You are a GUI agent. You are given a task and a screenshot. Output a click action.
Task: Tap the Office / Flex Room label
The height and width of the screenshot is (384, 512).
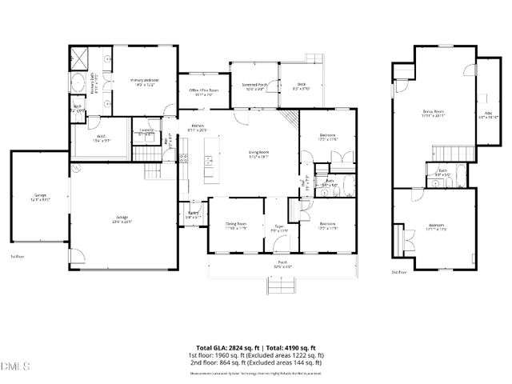coord(192,92)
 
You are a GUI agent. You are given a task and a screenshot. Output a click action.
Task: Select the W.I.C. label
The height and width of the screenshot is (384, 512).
coord(101,138)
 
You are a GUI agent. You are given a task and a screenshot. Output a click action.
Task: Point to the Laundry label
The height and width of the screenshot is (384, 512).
coord(146,132)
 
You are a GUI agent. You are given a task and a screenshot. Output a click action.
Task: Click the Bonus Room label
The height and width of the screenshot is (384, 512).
coord(434,114)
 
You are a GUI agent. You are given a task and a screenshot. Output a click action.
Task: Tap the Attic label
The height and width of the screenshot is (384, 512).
coord(487,114)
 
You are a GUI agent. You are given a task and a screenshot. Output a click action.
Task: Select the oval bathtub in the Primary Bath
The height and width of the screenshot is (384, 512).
coord(78,84)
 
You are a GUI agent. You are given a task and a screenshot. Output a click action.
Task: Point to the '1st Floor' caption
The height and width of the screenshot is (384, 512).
coord(18,257)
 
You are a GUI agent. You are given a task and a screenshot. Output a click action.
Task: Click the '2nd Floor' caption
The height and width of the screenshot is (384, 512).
coord(400,271)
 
